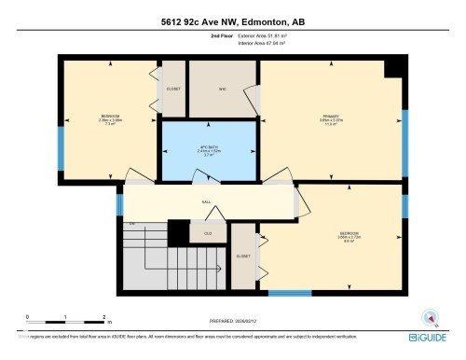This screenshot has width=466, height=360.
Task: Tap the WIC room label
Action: (223, 90)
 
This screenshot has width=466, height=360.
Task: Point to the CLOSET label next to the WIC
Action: (173, 90)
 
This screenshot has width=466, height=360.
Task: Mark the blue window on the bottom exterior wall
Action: (290, 294)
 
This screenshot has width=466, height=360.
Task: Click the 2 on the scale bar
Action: (103, 317)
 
